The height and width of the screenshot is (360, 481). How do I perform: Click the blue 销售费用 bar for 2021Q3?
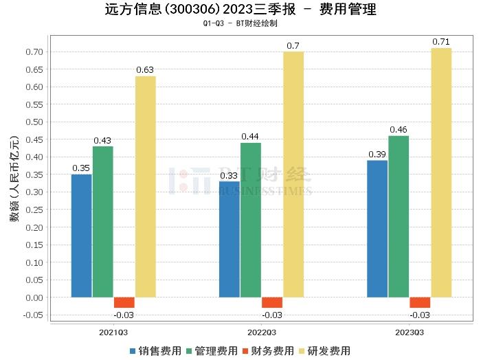pyautogui.click(x=81, y=236)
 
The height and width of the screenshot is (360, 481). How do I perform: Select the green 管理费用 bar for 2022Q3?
pyautogui.click(x=251, y=220)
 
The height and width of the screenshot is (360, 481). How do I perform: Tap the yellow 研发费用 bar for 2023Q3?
pyautogui.click(x=441, y=172)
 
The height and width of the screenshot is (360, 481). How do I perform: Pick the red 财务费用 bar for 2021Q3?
pyautogui.click(x=124, y=302)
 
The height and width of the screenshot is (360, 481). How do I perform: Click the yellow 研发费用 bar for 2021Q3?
pyautogui.click(x=145, y=186)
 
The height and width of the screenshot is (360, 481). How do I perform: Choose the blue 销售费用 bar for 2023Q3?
pyautogui.click(x=377, y=229)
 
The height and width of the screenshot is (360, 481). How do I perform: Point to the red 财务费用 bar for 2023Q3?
pyautogui.click(x=420, y=302)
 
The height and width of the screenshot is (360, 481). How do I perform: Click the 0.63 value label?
pyautogui.click(x=145, y=69)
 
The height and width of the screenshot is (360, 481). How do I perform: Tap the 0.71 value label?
pyautogui.click(x=441, y=42)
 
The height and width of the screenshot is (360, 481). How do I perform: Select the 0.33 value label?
pyautogui.click(x=230, y=175)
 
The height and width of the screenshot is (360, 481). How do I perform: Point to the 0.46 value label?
pyautogui.click(x=399, y=129)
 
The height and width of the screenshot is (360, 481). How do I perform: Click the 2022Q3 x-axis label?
pyautogui.click(x=262, y=332)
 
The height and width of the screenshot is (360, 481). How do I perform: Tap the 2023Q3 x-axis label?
pyautogui.click(x=410, y=332)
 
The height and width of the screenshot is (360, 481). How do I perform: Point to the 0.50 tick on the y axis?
pyautogui.click(x=34, y=122)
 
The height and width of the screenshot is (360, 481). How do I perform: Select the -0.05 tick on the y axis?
pyautogui.click(x=32, y=315)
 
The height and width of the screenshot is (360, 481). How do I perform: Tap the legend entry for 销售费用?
pyautogui.click(x=155, y=350)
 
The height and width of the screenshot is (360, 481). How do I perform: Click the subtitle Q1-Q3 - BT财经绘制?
pyautogui.click(x=240, y=23)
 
